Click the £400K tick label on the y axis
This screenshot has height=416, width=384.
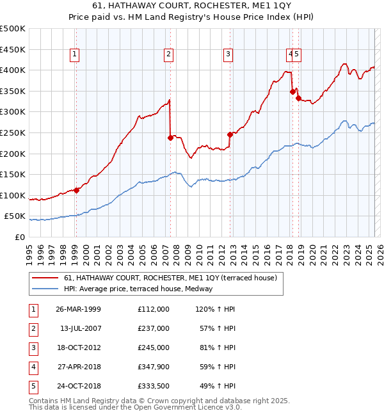tap(13, 70)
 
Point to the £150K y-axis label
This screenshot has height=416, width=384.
tap(13, 174)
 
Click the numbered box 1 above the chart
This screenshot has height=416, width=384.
tap(75, 55)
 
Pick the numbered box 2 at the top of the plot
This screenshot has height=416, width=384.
tap(168, 55)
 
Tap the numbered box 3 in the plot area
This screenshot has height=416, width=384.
tap(228, 55)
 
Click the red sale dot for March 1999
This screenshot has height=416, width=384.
tap(76, 190)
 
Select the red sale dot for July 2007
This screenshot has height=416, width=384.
tap(170, 138)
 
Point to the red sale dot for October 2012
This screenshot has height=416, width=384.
tap(230, 134)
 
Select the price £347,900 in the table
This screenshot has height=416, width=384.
tap(154, 367)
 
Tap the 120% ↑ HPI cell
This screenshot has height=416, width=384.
tap(213, 309)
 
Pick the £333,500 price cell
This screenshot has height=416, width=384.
tap(154, 386)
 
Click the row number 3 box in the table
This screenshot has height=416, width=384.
tap(31, 348)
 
